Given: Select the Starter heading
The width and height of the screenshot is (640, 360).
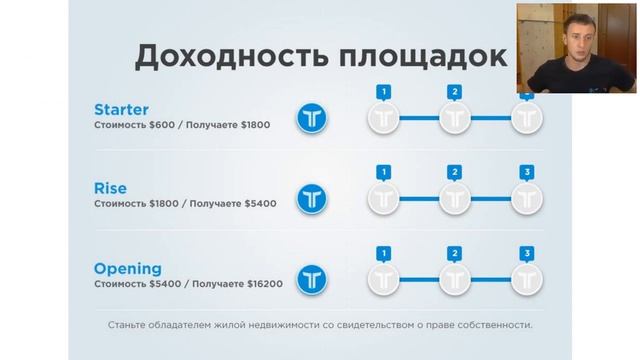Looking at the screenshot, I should [x=123, y=108].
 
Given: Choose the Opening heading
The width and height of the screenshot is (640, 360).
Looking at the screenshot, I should [x=128, y=268].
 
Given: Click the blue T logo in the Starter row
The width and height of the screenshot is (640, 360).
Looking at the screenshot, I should [x=313, y=119].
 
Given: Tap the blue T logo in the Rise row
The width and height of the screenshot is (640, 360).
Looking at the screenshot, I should [x=313, y=198].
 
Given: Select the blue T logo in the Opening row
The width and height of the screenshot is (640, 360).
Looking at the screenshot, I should [x=313, y=278].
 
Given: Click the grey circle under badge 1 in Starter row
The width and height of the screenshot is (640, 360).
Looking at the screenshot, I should [x=383, y=119].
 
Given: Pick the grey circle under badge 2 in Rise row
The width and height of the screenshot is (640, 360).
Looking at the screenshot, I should [x=455, y=198].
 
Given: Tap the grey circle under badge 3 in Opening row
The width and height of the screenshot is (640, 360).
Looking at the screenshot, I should [x=527, y=278].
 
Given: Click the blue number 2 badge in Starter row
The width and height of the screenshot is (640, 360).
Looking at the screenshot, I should [x=455, y=92].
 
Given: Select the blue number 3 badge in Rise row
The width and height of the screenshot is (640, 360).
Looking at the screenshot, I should [x=527, y=172].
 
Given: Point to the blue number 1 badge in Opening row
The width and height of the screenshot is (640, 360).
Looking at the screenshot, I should [x=383, y=252].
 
